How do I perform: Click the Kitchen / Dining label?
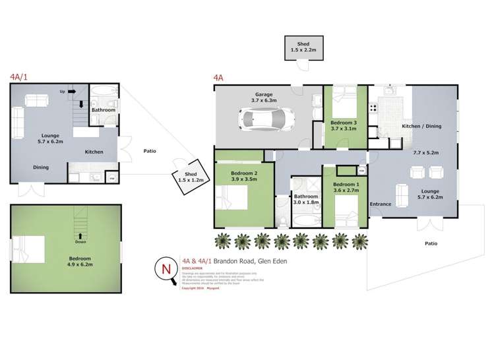pos(421,126)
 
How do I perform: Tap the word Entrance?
pos(380,204)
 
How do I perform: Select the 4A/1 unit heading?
pos(19,76)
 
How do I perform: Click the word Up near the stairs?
pos(62,92)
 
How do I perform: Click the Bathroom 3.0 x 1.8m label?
pos(305,200)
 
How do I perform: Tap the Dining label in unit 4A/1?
pos(41,167)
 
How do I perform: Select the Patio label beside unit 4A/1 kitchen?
pos(149,150)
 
